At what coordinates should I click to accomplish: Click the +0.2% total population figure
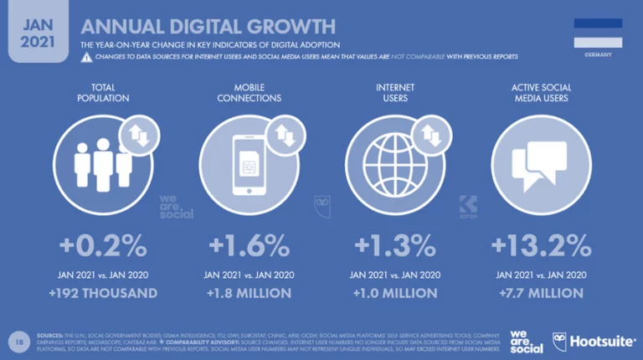pos(102,246)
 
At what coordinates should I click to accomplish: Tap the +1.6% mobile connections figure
pos(249,246)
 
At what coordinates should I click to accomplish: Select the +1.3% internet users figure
pos(394,246)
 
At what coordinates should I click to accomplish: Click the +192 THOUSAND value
pos(103,293)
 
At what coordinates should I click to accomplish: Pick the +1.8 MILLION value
pos(249,293)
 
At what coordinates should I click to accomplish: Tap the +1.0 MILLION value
pos(395,293)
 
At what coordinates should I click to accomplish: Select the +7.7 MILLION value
pos(540,293)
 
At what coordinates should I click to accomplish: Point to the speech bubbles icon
pos(538,163)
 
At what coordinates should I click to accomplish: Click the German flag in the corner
pos(598,33)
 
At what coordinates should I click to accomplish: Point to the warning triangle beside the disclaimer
pos(86,57)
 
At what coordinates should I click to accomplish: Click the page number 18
pos(18,341)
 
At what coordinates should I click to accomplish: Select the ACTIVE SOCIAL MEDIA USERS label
pos(540,92)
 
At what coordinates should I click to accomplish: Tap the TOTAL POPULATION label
pos(102,92)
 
